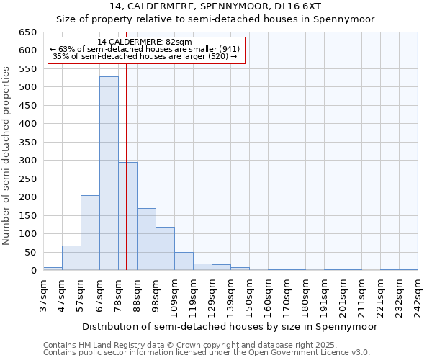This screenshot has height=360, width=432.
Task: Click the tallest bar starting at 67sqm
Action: point(109,173)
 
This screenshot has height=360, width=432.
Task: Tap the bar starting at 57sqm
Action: point(90,233)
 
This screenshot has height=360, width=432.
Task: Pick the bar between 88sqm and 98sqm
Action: point(146,239)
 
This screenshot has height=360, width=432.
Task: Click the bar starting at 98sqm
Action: point(165,248)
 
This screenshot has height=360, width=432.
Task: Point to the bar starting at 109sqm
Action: point(184,261)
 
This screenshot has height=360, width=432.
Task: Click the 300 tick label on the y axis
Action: point(27,161)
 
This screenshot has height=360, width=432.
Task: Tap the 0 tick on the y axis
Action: point(33,271)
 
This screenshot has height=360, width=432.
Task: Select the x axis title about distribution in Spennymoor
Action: point(229,326)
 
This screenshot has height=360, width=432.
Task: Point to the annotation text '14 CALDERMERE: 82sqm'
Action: point(144,42)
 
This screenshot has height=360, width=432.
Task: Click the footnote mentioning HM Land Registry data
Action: point(205,345)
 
